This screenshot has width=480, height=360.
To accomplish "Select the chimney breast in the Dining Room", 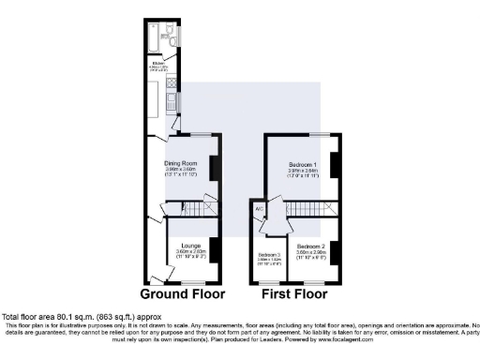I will (215, 168).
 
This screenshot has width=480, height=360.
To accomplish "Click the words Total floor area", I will (28, 317).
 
